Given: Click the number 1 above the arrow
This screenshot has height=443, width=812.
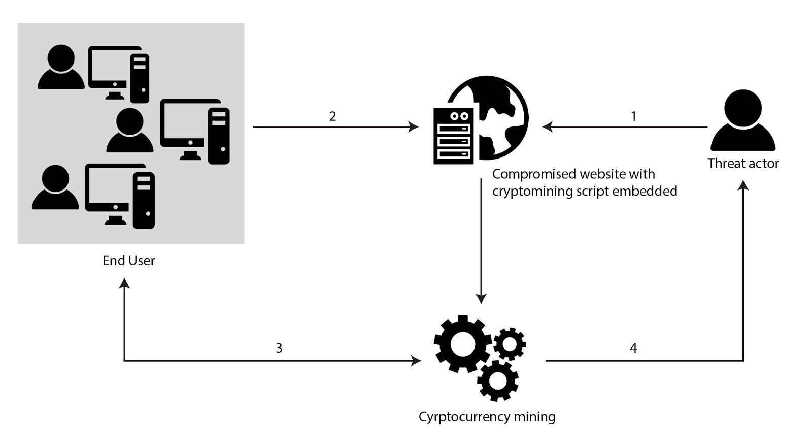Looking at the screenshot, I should coord(633,116).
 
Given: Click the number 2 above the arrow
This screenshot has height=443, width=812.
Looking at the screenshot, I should coord(332,116).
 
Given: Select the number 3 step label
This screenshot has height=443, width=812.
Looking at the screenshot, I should coord(279,348).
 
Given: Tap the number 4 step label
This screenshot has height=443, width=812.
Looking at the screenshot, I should coord(633,348).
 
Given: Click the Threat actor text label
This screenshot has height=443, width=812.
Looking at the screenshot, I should coord(743,164).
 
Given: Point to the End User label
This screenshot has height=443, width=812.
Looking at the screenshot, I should coord(128,261).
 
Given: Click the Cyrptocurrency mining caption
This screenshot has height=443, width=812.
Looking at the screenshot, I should coord(487,417).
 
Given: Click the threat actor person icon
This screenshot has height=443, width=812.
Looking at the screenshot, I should coord(743,121).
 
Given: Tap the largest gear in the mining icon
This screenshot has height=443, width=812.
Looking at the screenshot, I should coord(461,344).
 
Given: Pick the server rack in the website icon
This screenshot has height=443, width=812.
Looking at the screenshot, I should coord(453,136).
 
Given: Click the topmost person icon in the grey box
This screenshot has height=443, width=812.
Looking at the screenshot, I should coord(61,67).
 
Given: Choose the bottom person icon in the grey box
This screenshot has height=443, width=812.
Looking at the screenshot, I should coord(55,187).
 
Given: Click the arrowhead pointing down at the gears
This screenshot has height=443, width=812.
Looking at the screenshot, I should coord(481,298).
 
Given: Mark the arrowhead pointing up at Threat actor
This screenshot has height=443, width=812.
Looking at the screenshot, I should coord(743,185).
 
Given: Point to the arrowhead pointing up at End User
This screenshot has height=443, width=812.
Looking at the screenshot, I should coord(124,283).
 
